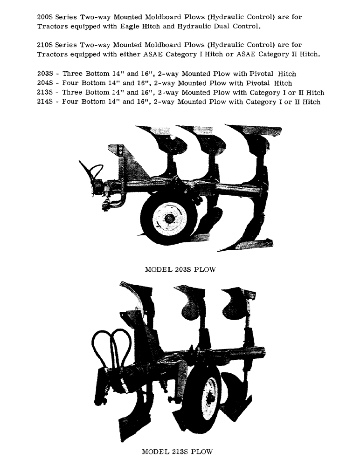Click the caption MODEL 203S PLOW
click(x=180, y=270)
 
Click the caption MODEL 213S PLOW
click(x=177, y=452)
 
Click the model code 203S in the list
click(x=46, y=74)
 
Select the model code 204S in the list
click(x=46, y=83)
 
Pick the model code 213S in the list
click(x=46, y=92)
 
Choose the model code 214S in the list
click(x=46, y=102)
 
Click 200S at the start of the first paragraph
click(x=46, y=17)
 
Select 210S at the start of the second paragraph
click(x=46, y=45)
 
